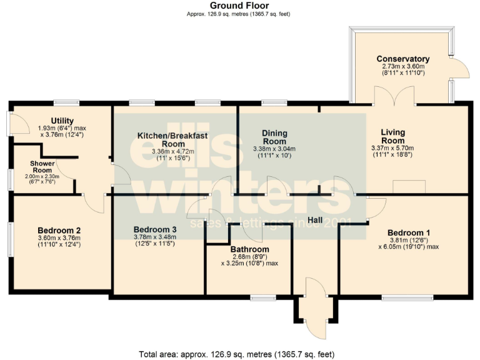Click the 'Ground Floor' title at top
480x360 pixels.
pyautogui.click(x=239, y=5)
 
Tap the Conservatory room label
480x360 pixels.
pyautogui.click(x=402, y=59)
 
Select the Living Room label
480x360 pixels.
pyautogui.click(x=393, y=136)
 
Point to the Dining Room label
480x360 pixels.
pyautogui.click(x=274, y=137)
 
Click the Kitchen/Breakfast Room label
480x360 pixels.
pyautogui.click(x=172, y=139)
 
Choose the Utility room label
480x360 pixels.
pyautogui.click(x=62, y=121)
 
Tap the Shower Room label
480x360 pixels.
pyautogui.click(x=42, y=167)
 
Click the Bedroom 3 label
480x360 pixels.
pyautogui.click(x=154, y=229)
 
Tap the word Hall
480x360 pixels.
pyautogui.click(x=314, y=221)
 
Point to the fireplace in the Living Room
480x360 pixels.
pyautogui.click(x=409, y=187)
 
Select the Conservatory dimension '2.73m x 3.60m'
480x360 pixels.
pyautogui.click(x=402, y=66)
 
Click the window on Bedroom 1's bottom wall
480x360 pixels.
pyautogui.click(x=407, y=297)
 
